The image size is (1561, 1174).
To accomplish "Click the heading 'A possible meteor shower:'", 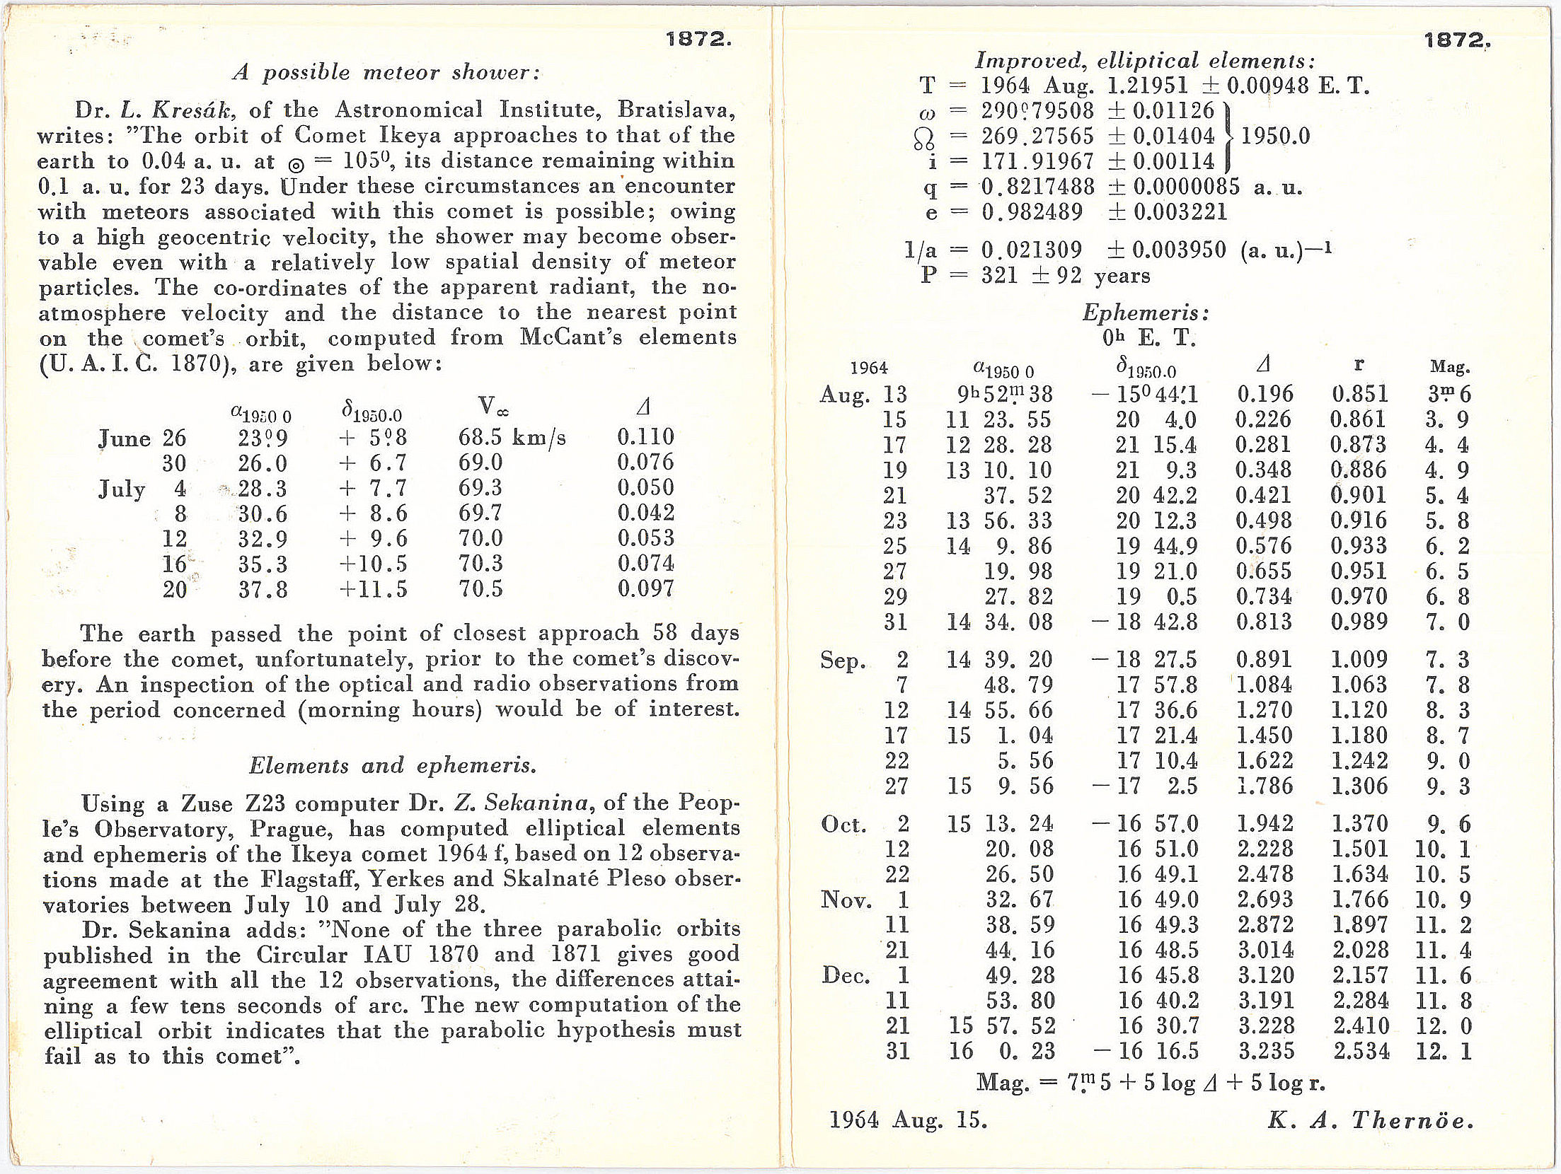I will (387, 73).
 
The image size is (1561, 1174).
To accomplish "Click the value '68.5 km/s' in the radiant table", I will (512, 438).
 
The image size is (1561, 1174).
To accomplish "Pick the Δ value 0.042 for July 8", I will (645, 513).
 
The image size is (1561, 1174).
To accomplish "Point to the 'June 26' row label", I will (142, 438).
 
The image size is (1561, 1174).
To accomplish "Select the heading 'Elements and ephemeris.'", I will (392, 766).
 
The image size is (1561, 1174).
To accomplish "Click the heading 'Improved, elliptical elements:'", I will (1144, 60).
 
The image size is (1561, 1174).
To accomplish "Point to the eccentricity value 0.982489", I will (1032, 212).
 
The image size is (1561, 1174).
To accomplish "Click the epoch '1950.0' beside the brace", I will (1274, 136).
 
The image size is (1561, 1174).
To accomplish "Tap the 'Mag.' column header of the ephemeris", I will (1449, 367).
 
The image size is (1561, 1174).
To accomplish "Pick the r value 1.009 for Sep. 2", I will (1359, 660).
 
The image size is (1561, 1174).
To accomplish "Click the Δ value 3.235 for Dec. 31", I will (1266, 1051).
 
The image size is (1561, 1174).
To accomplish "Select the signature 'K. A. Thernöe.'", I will (1370, 1120).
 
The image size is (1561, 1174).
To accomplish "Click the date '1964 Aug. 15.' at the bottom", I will (907, 1120).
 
